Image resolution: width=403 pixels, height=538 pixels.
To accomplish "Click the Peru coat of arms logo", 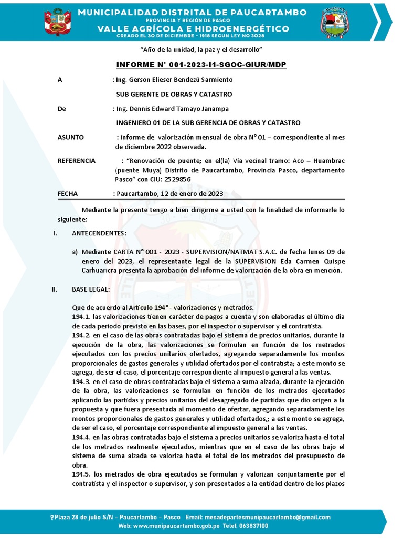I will [x=58, y=22].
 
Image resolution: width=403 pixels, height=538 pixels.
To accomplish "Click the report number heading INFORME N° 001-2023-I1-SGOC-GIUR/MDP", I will [x=201, y=65].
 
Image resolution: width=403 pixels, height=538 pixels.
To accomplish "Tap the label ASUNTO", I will [x=70, y=137].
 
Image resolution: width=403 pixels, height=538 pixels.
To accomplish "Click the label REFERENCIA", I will [x=76, y=160].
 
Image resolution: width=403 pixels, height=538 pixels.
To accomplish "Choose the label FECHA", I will [x=67, y=193].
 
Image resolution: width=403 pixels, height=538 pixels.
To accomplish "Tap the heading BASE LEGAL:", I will [x=90, y=289].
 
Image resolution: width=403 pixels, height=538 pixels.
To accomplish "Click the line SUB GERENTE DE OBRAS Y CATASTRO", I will [x=174, y=94].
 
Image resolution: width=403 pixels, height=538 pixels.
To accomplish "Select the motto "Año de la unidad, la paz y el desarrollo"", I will [x=201, y=49].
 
